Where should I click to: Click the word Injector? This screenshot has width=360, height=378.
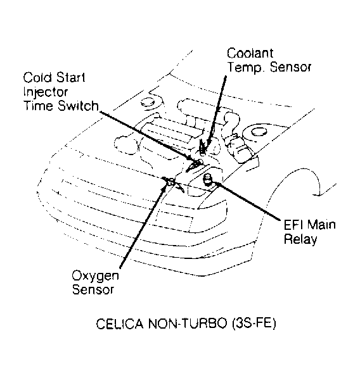point(42,92)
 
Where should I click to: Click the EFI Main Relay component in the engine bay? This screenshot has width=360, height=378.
point(207,181)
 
